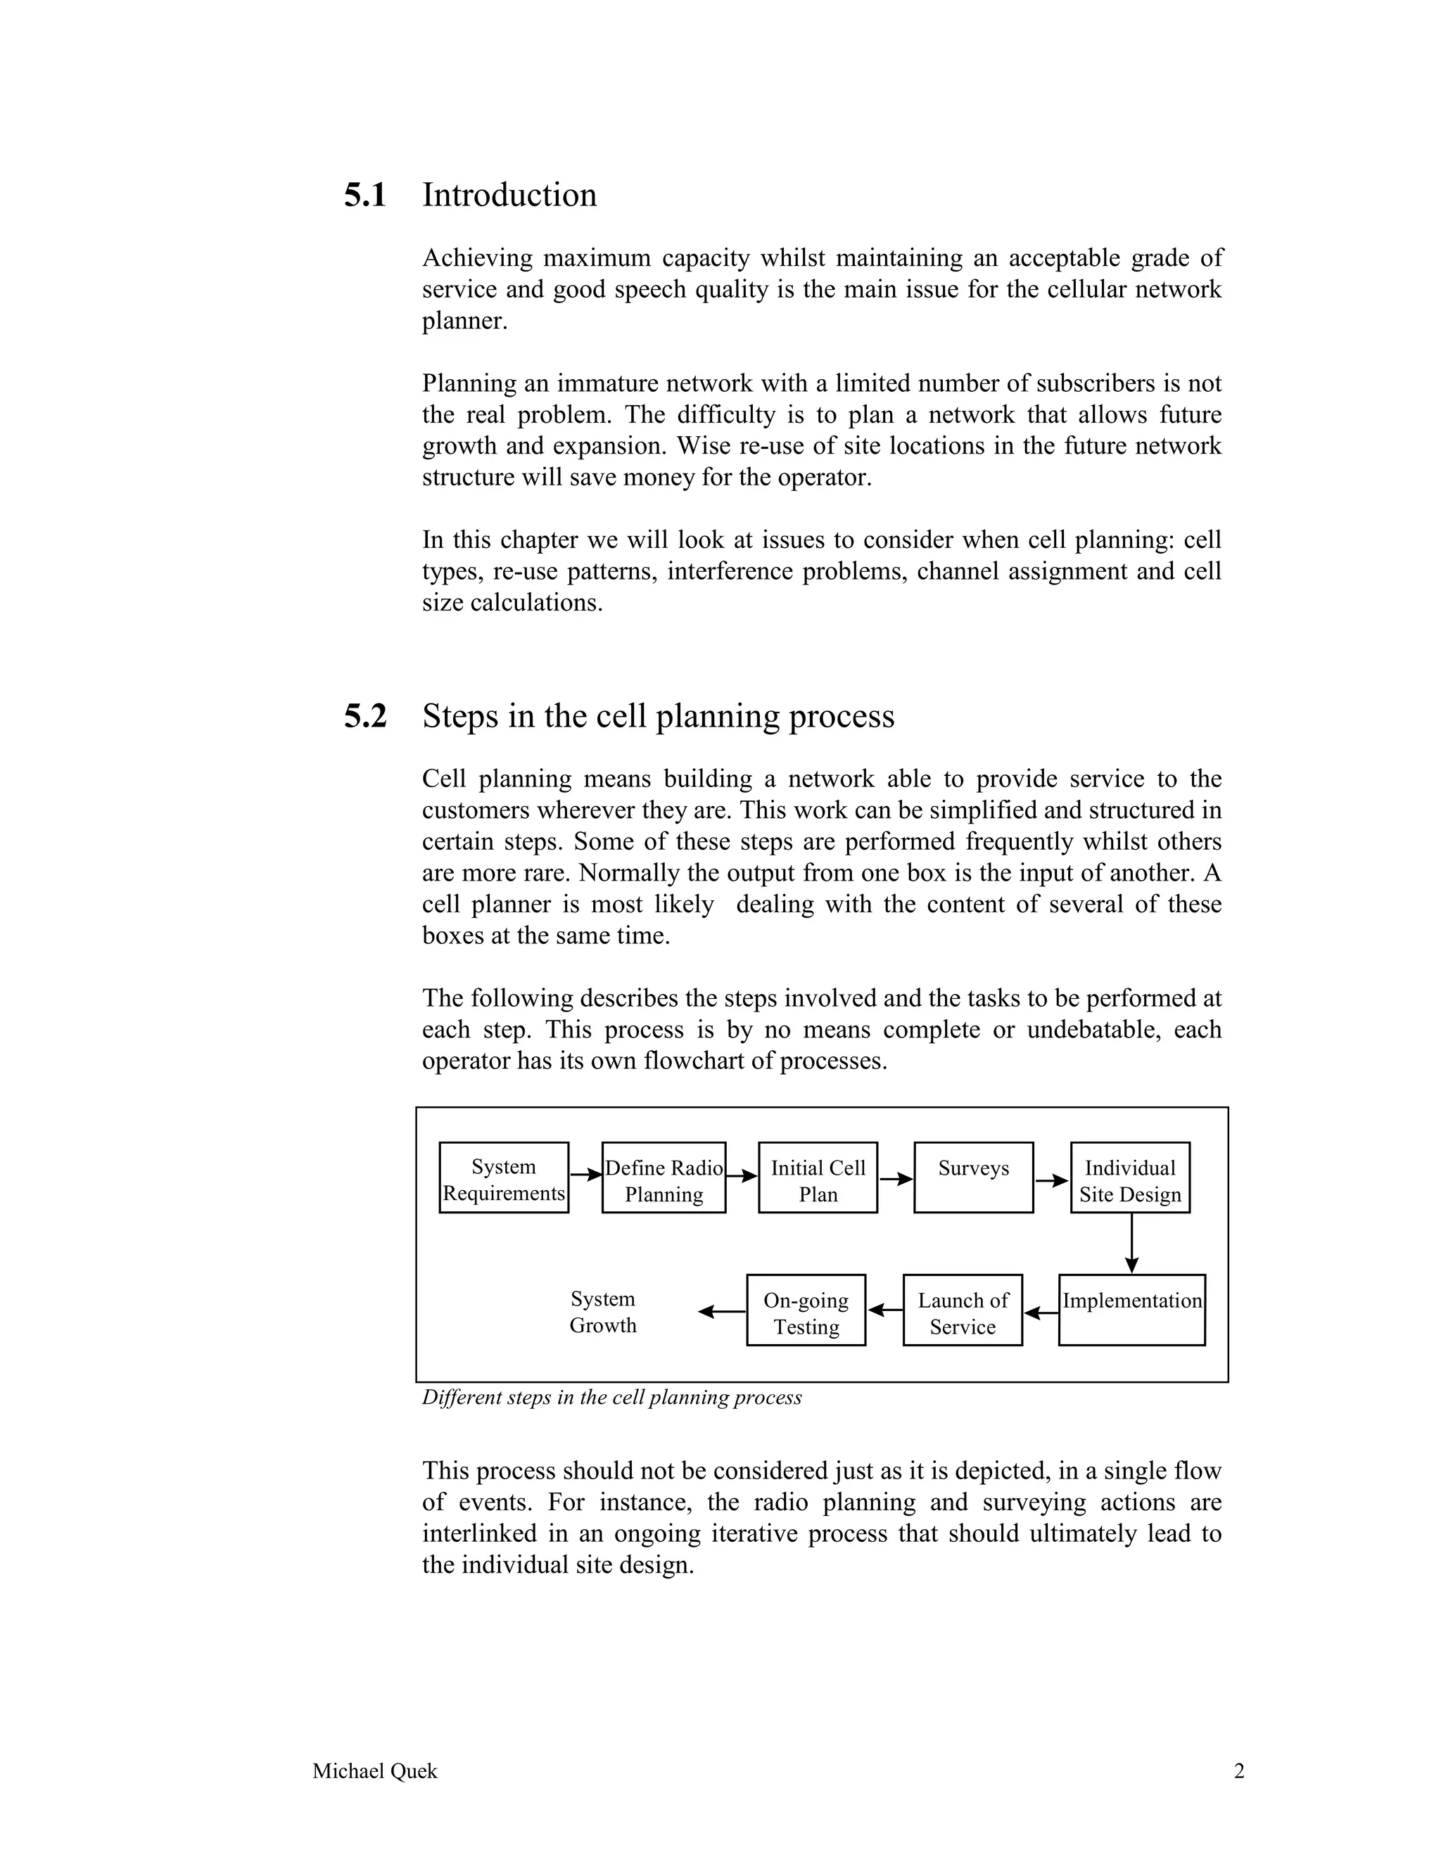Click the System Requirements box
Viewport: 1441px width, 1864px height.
click(504, 1177)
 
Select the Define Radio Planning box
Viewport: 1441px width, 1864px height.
click(664, 1177)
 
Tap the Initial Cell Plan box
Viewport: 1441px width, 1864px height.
click(818, 1177)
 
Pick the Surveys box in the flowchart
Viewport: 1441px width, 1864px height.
click(973, 1177)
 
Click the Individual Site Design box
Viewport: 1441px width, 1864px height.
click(1129, 1177)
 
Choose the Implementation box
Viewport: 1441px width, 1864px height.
click(1131, 1310)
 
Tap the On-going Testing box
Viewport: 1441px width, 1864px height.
click(806, 1310)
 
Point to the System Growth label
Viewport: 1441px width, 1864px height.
click(603, 1312)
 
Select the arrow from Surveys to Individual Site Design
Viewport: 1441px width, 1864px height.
click(1052, 1181)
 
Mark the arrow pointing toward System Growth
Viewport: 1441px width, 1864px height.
click(721, 1312)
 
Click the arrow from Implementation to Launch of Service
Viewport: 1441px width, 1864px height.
click(1041, 1313)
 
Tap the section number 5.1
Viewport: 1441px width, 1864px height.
click(365, 196)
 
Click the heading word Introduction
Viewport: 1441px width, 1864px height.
click(509, 196)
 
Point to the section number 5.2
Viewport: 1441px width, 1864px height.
click(365, 716)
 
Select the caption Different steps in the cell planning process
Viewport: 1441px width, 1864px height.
click(612, 1397)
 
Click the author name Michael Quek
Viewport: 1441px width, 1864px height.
click(375, 1771)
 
